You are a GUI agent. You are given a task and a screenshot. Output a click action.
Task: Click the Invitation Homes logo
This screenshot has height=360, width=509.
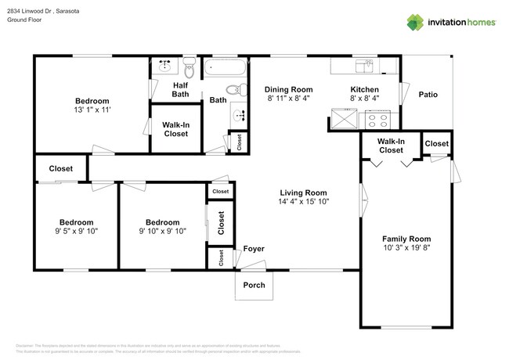tap(451, 22)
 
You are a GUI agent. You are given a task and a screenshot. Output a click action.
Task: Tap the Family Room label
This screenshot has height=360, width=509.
tap(406, 239)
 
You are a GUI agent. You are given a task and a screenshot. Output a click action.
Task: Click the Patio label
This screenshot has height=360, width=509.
tap(428, 95)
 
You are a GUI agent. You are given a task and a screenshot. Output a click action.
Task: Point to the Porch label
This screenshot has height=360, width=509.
tap(254, 285)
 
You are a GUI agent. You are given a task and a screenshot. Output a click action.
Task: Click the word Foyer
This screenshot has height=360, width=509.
tap(253, 249)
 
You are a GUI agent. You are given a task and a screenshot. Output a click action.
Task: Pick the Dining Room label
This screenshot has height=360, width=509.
tap(288, 89)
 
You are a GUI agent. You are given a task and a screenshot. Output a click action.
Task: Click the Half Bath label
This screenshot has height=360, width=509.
tap(181, 90)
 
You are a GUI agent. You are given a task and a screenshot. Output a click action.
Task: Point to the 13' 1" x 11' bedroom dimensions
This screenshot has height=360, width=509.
tap(92, 110)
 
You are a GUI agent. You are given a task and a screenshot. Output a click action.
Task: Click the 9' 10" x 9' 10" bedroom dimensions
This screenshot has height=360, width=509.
tap(162, 231)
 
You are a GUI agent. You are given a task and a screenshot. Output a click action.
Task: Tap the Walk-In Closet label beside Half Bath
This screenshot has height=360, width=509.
tap(175, 129)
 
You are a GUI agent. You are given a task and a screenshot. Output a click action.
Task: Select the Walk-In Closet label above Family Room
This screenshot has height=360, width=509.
tap(391, 146)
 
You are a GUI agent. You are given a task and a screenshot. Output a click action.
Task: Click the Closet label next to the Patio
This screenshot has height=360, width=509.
tap(436, 144)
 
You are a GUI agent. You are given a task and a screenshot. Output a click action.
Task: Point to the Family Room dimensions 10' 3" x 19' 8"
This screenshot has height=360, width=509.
tap(406, 248)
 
